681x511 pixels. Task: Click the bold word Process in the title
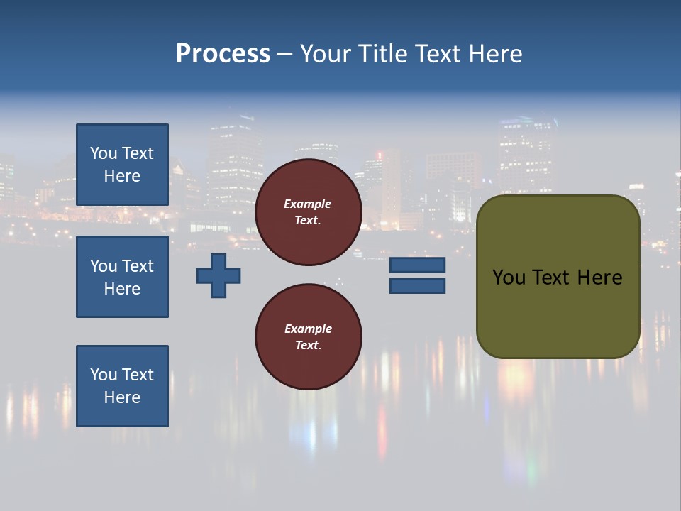tap(223, 54)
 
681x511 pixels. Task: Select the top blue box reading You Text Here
tap(122, 165)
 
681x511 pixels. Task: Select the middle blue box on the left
tap(122, 277)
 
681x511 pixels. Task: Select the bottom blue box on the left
tap(122, 386)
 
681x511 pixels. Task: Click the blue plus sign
tap(218, 275)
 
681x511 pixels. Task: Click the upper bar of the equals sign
tap(417, 265)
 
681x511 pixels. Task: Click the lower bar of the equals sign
tap(417, 286)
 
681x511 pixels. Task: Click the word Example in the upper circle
tap(308, 204)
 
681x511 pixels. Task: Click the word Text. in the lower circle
tap(308, 345)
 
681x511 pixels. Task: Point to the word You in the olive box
tap(509, 278)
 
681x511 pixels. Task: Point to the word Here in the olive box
tap(599, 278)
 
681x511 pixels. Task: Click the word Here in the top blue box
tap(122, 176)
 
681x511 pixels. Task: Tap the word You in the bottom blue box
tap(104, 375)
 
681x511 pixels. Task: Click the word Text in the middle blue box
tap(138, 266)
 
